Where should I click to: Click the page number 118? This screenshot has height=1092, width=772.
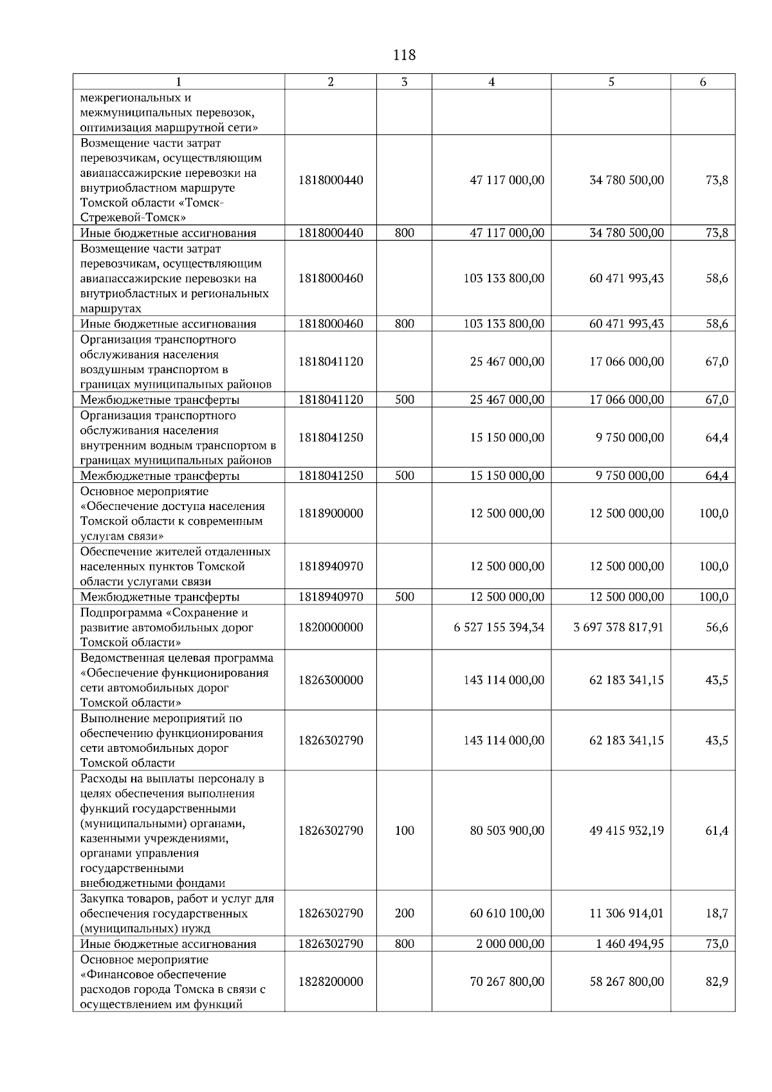[404, 55]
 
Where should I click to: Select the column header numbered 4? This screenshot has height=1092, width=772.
[492, 82]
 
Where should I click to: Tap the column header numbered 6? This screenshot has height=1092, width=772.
[703, 82]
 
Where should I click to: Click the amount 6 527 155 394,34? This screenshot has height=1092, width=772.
[499, 627]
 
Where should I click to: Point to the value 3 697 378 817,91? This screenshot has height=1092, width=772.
[618, 627]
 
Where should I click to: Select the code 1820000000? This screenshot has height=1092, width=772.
[331, 627]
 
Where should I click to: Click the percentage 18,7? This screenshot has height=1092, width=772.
[717, 913]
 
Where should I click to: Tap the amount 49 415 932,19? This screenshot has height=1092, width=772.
[626, 830]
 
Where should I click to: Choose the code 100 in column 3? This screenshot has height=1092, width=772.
[404, 830]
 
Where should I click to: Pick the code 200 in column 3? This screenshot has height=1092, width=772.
[404, 913]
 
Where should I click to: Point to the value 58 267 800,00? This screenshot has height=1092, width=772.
[626, 981]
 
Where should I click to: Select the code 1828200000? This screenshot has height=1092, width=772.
[331, 981]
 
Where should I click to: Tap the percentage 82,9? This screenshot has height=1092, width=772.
[717, 981]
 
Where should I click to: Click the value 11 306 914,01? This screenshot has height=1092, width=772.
[626, 913]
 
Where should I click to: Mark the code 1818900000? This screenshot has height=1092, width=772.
[331, 513]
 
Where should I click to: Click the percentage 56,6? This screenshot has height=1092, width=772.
[717, 627]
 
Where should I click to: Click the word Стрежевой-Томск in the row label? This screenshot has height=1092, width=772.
[133, 217]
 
